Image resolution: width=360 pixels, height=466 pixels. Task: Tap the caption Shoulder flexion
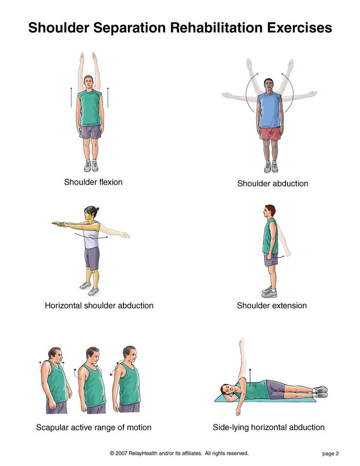coord(93,182)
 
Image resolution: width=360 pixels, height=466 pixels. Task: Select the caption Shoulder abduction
coord(272,183)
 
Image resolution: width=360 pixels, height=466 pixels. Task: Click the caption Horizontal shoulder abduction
coord(99,305)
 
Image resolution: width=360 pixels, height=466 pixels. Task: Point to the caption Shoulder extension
coord(272,305)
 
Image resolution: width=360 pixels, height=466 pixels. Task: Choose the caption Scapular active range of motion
coord(94,427)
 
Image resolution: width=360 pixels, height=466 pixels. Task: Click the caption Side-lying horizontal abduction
coord(269,427)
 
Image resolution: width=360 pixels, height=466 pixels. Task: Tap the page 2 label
coord(330,453)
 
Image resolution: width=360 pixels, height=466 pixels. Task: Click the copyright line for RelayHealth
coord(179,453)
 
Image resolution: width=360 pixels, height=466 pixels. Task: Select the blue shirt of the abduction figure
coord(270,110)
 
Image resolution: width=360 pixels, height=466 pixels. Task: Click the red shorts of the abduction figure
coord(270,134)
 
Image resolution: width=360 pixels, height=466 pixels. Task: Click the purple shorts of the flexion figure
coord(90,132)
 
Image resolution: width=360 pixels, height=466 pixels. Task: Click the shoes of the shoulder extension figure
coord(270,292)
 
